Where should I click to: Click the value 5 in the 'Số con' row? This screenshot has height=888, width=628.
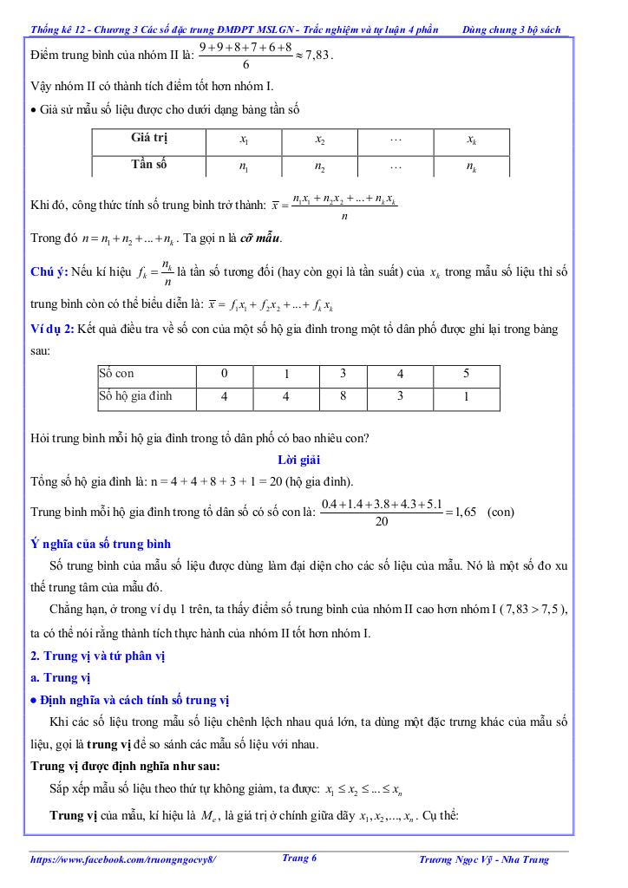pos(466,375)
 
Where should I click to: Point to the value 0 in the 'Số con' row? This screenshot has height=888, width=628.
pos(224,374)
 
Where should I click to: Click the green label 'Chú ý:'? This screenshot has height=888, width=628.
pos(49,272)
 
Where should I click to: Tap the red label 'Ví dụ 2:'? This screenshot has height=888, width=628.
pos(51,330)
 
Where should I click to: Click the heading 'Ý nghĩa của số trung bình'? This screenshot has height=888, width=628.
pos(101,544)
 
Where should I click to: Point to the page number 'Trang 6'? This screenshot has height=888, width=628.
pos(299,858)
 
